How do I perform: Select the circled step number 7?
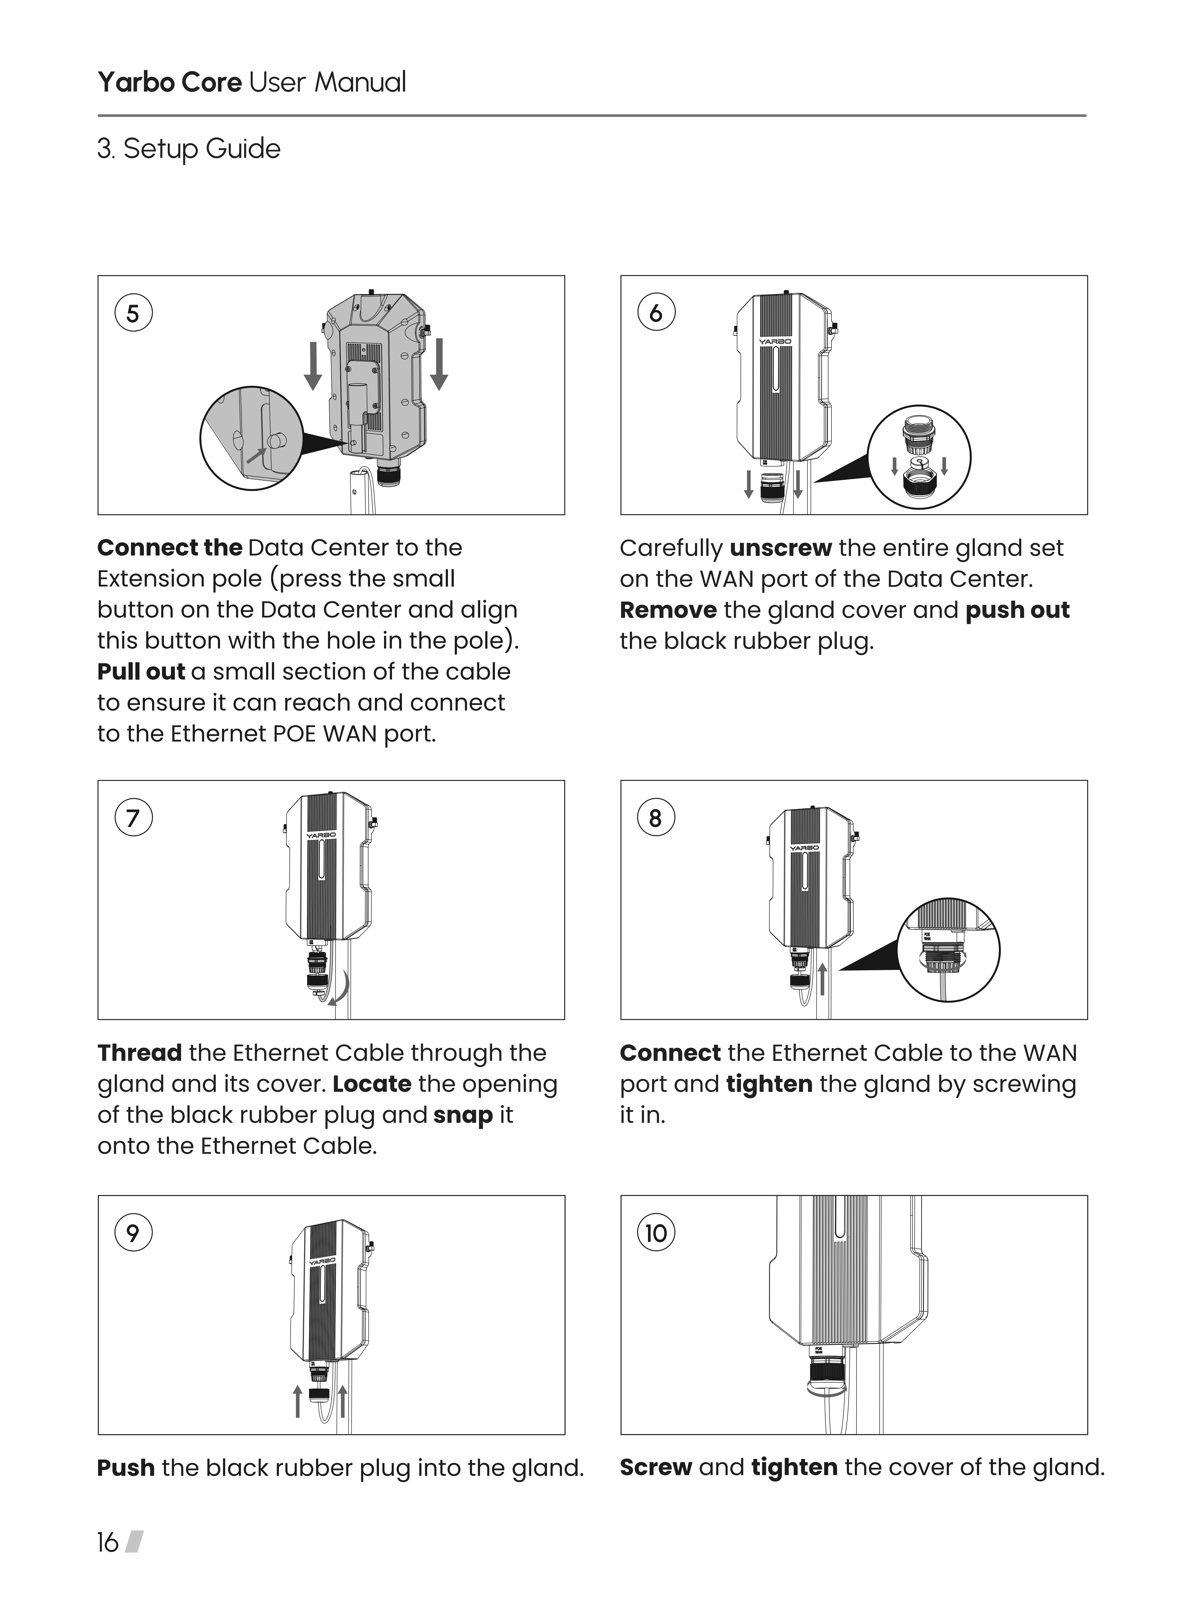tap(133, 818)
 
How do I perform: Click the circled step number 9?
tap(133, 1233)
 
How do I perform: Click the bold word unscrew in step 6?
tap(780, 548)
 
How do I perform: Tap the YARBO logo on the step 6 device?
tap(775, 342)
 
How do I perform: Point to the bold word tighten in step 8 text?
tap(769, 1084)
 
